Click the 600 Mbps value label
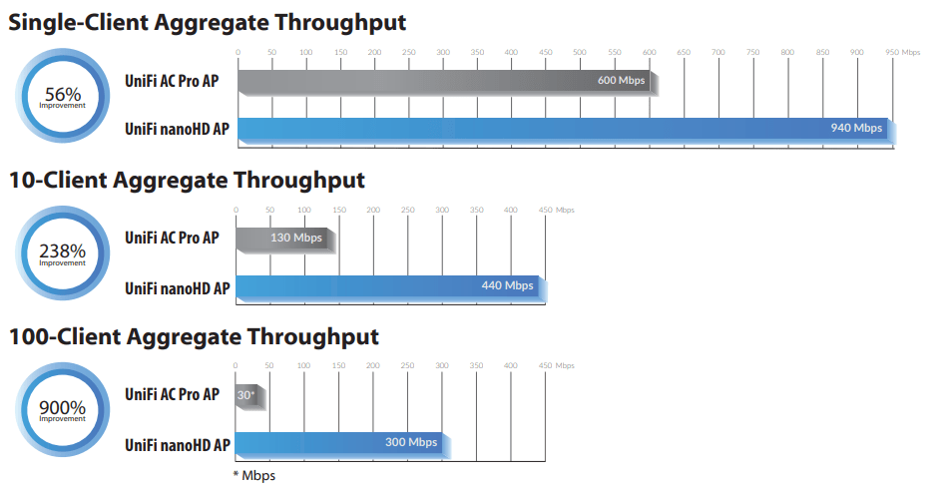tap(621, 80)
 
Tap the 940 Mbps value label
tap(856, 128)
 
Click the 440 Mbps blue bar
tap(391, 287)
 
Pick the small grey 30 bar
tap(250, 397)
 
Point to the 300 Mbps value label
tap(411, 442)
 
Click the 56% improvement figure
tap(63, 95)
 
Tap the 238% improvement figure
tap(63, 250)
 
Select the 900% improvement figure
tap(63, 407)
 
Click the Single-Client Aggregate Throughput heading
tap(207, 23)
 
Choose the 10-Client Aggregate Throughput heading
tap(187, 181)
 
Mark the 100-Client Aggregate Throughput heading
tap(194, 337)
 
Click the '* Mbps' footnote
tap(254, 476)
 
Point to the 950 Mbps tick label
tap(902, 52)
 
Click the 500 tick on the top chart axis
tap(580, 52)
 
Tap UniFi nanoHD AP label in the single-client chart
tap(177, 129)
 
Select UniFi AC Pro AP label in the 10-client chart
tap(172, 239)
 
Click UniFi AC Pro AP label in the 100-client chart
tap(172, 394)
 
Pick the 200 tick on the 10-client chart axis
tap(373, 210)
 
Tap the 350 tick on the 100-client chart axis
tap(476, 365)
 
